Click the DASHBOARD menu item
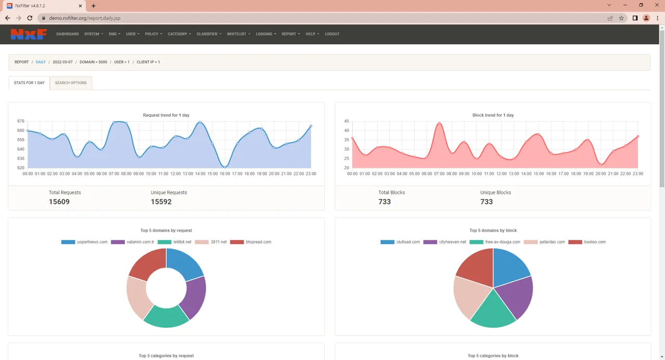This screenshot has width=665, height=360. coord(68,34)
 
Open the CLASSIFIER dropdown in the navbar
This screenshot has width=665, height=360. coord(209,34)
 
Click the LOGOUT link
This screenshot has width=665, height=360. coord(332,34)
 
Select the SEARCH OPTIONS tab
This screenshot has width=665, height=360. coord(71,83)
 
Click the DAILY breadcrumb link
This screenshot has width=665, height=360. coord(41,62)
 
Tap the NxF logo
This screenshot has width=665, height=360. coord(29,34)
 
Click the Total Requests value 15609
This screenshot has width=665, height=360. coord(59,202)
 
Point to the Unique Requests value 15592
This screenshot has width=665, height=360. coord(161,202)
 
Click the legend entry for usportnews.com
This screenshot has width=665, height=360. coord(84,242)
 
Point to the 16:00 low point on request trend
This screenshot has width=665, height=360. coord(225,167)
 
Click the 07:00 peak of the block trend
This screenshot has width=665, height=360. coord(439,123)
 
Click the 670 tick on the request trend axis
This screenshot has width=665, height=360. coord(21,121)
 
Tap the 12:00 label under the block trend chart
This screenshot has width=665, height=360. coord(501,174)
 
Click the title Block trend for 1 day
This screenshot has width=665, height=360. coord(493,115)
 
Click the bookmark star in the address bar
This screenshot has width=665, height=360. coord(621,18)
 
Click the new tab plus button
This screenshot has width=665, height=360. coord(93,6)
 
